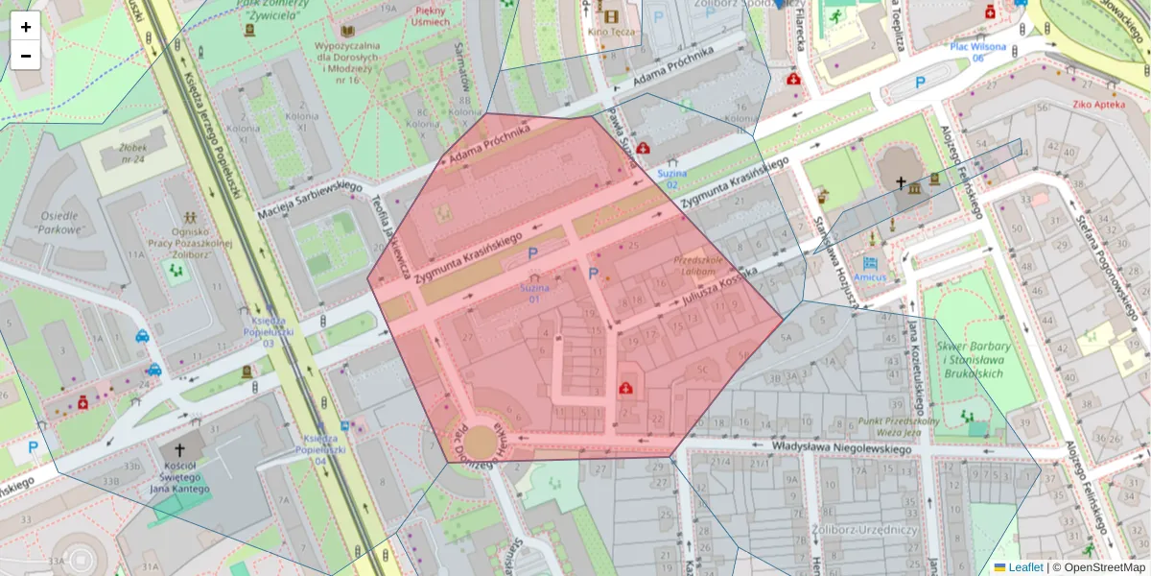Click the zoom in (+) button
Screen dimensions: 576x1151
click(26, 27)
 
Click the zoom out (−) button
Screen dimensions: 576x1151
click(26, 56)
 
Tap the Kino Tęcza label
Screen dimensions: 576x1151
click(611, 32)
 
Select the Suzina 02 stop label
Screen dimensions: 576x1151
click(672, 179)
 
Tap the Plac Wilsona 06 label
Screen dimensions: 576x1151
click(977, 52)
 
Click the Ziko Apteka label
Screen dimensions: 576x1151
click(1098, 103)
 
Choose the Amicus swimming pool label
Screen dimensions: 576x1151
click(871, 276)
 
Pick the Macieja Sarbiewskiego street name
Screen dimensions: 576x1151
click(308, 199)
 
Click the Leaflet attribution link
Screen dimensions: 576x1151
click(1024, 567)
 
